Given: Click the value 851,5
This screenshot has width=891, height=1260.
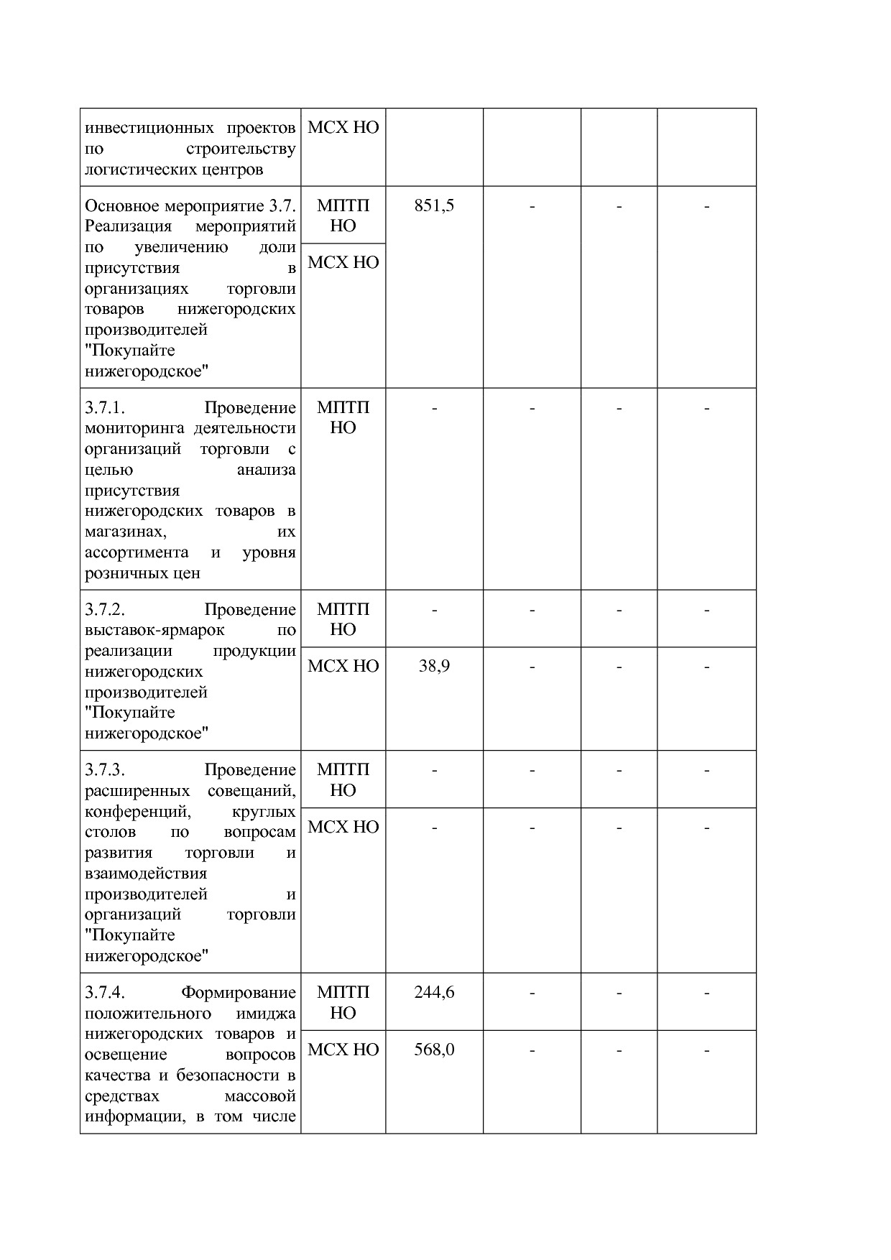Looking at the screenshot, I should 434,206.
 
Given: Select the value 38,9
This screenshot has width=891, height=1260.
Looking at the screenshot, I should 434,667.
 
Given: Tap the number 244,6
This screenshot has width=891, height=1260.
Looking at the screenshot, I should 434,993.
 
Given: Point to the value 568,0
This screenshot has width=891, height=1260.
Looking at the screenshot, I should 434,1050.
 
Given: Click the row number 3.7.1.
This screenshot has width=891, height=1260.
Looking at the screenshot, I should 105,408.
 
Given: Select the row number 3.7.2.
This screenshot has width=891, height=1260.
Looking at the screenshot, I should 105,610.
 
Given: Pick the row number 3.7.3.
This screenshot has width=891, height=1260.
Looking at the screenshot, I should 105,770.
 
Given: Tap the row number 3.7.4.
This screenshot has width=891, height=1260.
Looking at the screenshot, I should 105,993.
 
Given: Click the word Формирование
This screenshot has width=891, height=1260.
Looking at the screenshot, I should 238,993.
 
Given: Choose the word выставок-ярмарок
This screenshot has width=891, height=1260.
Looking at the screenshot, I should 154,631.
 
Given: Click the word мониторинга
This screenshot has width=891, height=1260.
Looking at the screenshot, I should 134,429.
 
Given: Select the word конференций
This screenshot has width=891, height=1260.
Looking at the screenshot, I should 137,812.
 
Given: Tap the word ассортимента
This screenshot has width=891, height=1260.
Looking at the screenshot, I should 137,553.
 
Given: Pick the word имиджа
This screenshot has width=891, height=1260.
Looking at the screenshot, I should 266,1014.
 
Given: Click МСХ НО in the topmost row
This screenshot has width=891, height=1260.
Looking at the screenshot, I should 343,129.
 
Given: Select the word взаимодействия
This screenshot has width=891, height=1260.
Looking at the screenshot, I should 146,874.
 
